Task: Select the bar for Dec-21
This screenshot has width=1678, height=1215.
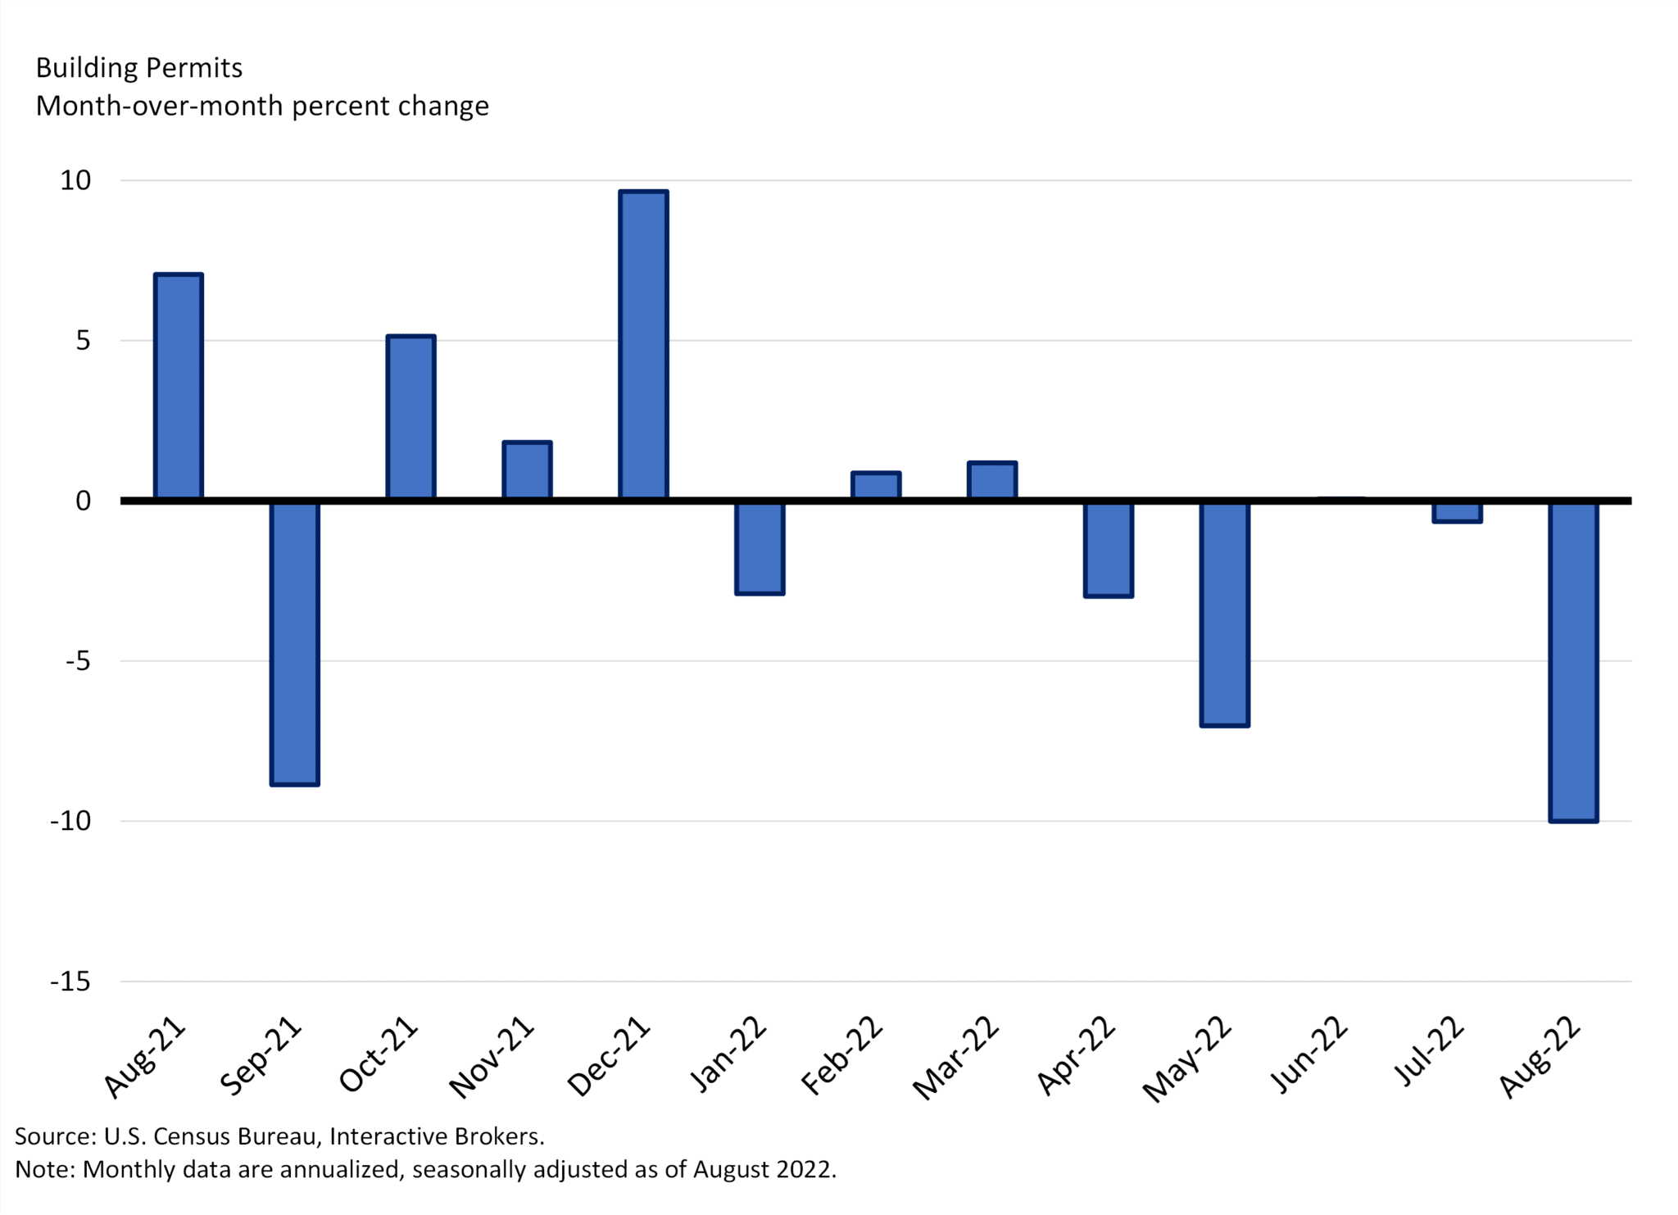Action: point(643,344)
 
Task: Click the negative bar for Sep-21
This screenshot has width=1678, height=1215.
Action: point(295,643)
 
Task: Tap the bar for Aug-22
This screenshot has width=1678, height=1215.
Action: point(1572,660)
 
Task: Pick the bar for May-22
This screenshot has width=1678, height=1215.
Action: point(1224,613)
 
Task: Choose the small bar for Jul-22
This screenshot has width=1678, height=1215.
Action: point(1457,512)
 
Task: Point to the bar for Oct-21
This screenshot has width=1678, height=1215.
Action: point(410,417)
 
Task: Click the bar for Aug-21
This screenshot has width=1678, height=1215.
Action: point(179,386)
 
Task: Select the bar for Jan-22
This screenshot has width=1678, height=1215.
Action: point(760,547)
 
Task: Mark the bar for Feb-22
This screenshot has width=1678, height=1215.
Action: point(876,485)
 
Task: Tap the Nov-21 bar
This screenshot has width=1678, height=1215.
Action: point(527,469)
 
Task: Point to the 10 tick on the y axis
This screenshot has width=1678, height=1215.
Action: point(75,180)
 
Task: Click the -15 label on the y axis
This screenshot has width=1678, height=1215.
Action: point(70,981)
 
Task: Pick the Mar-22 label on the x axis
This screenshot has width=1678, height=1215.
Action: point(956,1058)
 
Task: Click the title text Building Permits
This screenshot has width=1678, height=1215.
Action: point(139,68)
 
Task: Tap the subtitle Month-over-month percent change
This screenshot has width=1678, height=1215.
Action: point(262,107)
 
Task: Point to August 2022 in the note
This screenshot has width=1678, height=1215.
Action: point(763,1169)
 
